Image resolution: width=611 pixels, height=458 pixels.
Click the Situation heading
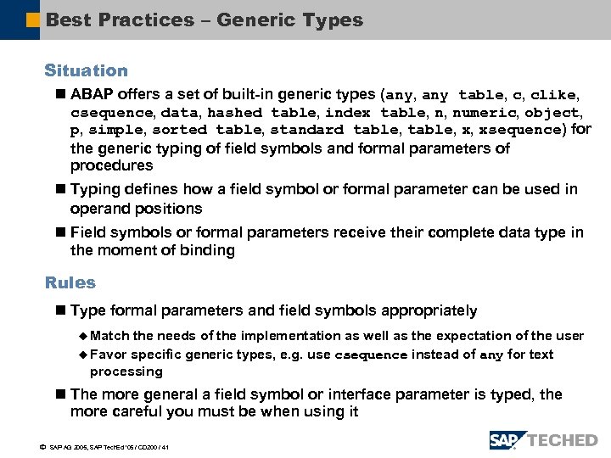[86, 71]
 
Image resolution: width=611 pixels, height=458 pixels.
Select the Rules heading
[70, 282]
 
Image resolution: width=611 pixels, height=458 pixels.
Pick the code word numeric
[485, 113]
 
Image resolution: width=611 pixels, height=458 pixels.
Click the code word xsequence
[521, 131]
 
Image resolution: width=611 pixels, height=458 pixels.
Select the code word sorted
[181, 131]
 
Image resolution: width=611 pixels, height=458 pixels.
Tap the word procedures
[111, 165]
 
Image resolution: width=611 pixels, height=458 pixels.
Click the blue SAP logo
[507, 439]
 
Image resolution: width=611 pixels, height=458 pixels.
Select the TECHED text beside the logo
[562, 439]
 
